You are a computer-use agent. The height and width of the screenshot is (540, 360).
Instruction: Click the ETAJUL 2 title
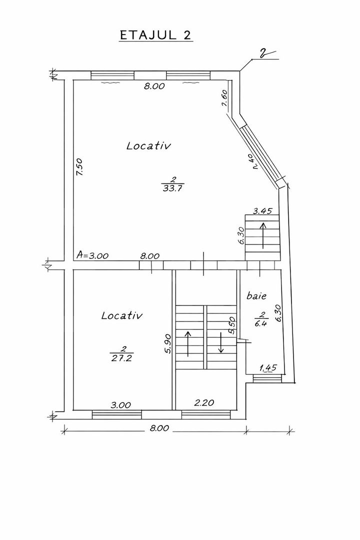155,35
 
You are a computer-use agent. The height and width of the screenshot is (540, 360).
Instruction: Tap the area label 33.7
172,188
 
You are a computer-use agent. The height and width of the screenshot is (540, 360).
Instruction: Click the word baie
256,296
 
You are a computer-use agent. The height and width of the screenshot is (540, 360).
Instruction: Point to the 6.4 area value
262,323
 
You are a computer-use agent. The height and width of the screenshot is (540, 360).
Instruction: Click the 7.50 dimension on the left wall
79,167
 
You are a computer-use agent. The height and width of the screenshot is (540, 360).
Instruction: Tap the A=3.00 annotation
92,255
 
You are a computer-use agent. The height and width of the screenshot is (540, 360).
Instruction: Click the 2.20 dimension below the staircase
204,402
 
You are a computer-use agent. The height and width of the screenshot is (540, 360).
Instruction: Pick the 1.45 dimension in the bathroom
267,368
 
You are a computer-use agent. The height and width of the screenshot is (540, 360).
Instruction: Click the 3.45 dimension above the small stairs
262,211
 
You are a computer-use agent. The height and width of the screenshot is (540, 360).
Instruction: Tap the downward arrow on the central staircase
221,342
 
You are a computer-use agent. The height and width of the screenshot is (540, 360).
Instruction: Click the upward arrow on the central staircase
188,343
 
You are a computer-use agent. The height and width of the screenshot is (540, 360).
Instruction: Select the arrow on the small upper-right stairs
263,235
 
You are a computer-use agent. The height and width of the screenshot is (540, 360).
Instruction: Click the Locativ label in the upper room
148,145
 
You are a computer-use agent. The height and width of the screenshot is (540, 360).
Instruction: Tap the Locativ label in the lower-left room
122,315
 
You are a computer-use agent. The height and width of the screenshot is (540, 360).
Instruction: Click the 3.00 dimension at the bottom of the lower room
120,405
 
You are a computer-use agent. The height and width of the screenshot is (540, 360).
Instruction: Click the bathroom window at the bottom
267,378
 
